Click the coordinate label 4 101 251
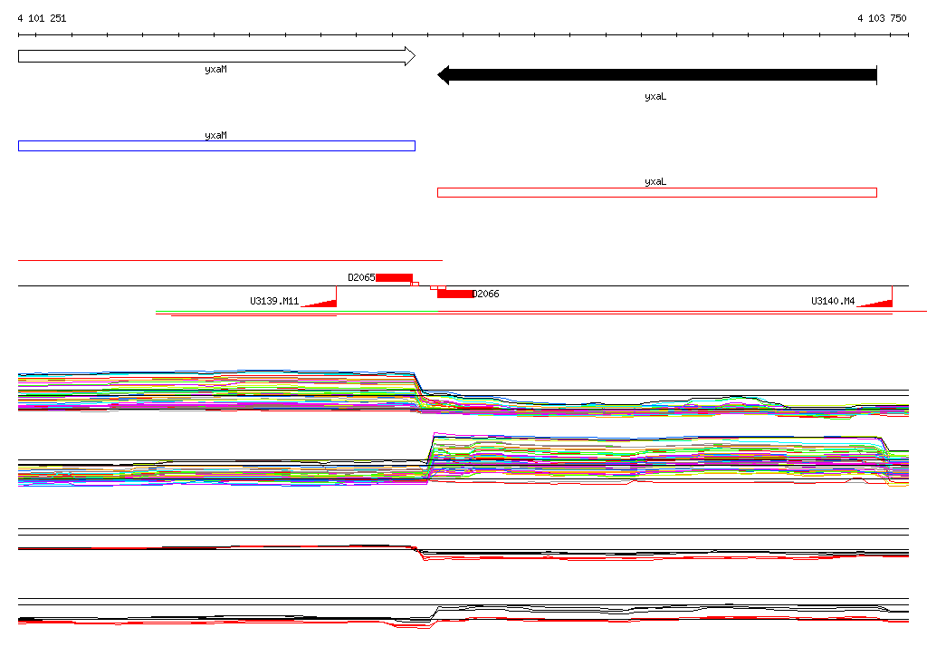tap(42, 18)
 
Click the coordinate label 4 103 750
tap(882, 18)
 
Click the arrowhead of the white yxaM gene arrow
tap(410, 56)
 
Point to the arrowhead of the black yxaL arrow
tap(444, 75)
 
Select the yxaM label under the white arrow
tap(215, 69)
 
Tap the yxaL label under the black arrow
tap(655, 96)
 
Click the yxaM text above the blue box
tap(215, 135)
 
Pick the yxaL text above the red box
tap(655, 182)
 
